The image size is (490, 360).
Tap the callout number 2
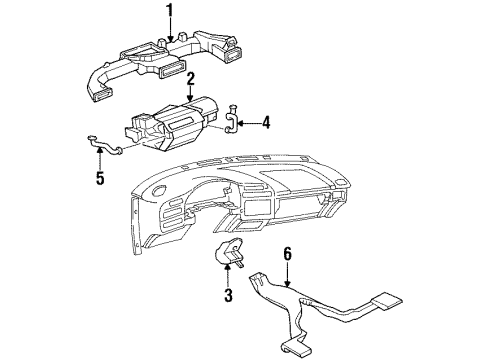coord(189,77)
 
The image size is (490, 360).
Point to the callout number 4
coord(266,124)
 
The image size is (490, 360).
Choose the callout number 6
coord(287,255)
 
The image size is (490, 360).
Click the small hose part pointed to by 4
coord(232,120)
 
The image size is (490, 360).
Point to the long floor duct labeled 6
coord(300,306)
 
